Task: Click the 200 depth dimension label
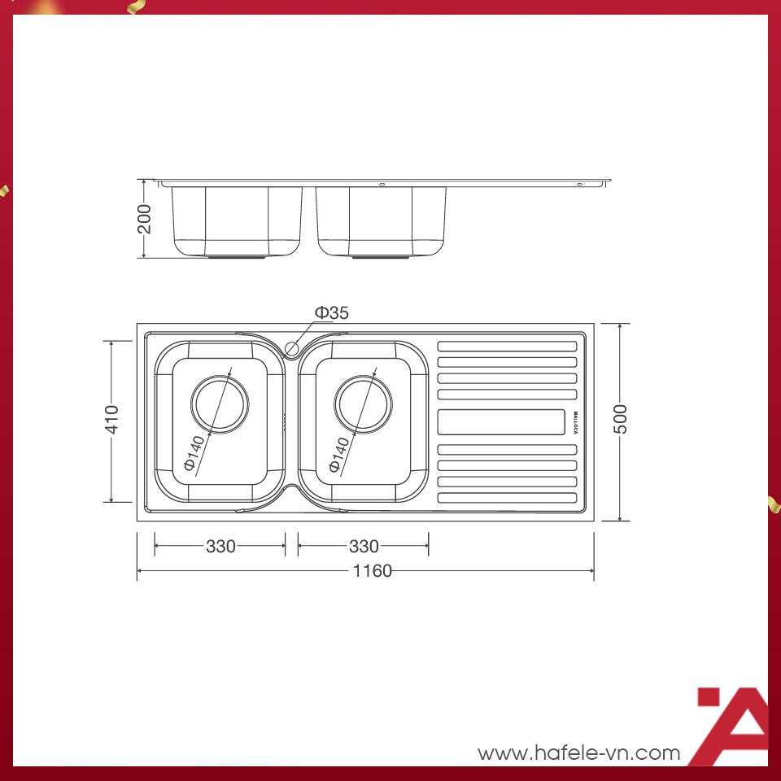coord(144,219)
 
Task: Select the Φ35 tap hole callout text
coord(331,312)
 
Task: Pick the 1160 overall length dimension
coord(373,571)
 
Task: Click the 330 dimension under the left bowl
coord(220,547)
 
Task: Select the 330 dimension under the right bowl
coord(364,547)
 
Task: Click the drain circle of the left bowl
coord(219,404)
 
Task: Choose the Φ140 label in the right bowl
coord(339,454)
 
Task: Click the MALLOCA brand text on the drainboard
coord(574,422)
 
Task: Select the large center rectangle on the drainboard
coord(502,422)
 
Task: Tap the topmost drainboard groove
coord(507,346)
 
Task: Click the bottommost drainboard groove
coord(507,497)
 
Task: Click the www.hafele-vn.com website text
coord(578,753)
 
